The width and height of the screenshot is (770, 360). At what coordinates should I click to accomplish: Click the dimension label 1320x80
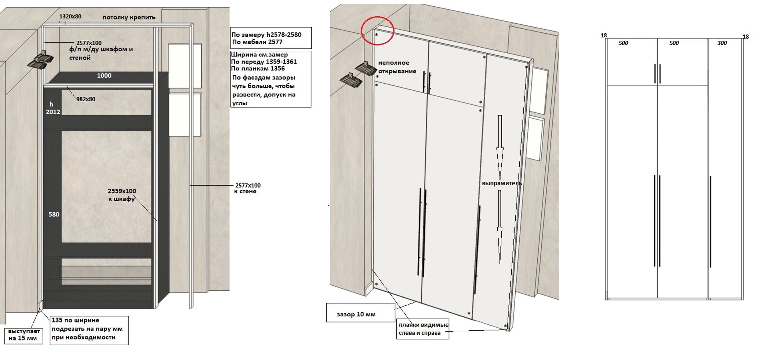pyautogui.click(x=70, y=16)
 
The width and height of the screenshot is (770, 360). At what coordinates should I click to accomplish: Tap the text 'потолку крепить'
pyautogui.click(x=129, y=17)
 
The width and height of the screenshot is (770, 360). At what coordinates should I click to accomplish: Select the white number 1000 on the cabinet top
pyautogui.click(x=104, y=76)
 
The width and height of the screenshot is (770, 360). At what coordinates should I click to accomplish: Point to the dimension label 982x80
pyautogui.click(x=86, y=99)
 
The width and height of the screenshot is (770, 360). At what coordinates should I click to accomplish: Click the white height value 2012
pyautogui.click(x=53, y=112)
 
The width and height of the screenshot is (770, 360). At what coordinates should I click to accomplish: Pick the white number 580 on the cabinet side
pyautogui.click(x=54, y=214)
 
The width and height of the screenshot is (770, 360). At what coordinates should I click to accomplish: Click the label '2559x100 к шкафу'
pyautogui.click(x=122, y=195)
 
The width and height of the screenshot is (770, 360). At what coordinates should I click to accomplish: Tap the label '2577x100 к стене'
pyautogui.click(x=247, y=188)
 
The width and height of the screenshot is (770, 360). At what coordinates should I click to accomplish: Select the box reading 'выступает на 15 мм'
pyautogui.click(x=24, y=335)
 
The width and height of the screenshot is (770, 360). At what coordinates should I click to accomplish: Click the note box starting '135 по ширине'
pyautogui.click(x=89, y=330)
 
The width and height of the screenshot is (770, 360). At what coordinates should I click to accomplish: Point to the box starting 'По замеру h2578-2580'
pyautogui.click(x=271, y=38)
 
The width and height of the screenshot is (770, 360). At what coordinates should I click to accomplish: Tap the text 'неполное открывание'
pyautogui.click(x=397, y=67)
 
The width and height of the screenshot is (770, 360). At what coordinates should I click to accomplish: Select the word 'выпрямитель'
pyautogui.click(x=502, y=183)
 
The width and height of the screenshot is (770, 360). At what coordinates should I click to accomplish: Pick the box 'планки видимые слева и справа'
pyautogui.click(x=423, y=329)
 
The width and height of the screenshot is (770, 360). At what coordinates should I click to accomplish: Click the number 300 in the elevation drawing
pyautogui.click(x=722, y=43)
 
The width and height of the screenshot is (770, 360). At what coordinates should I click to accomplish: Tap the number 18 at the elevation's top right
pyautogui.click(x=746, y=37)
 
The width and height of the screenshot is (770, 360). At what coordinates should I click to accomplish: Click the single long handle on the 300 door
pyautogui.click(x=710, y=222)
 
